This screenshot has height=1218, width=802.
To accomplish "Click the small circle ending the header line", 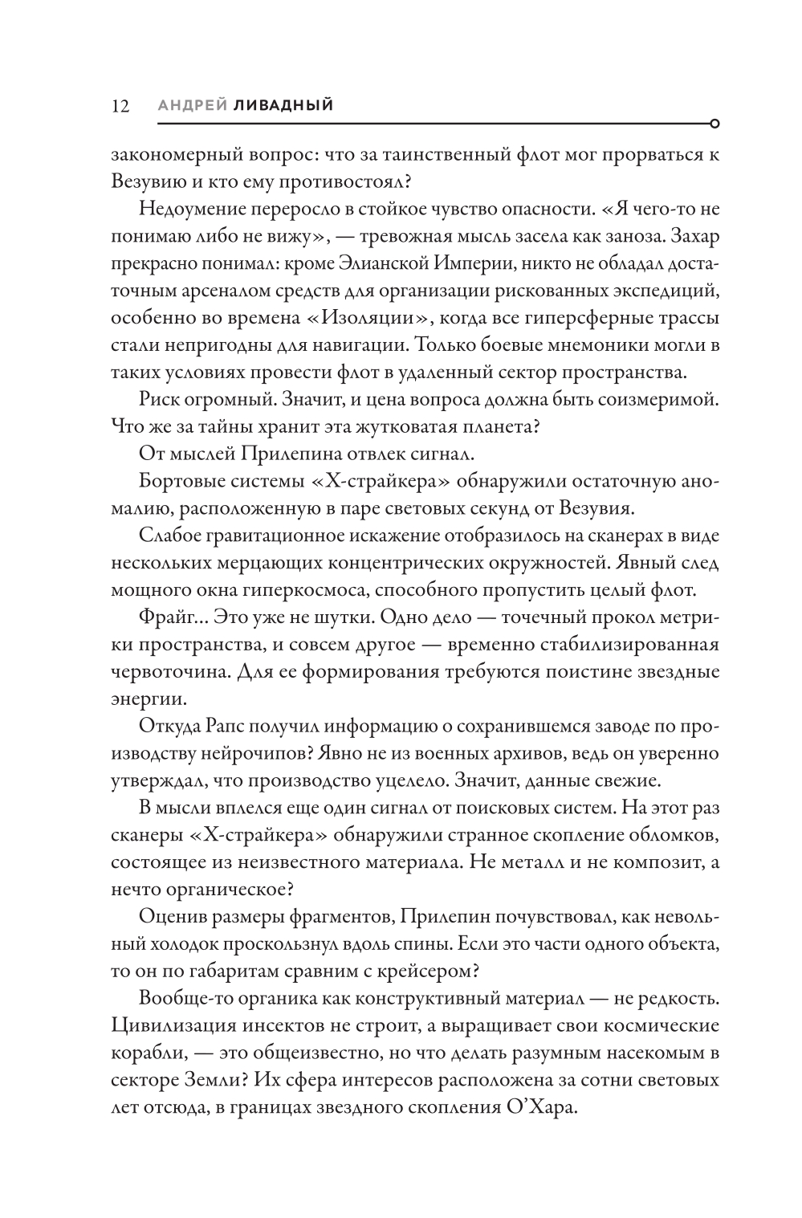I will click(715, 124).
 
